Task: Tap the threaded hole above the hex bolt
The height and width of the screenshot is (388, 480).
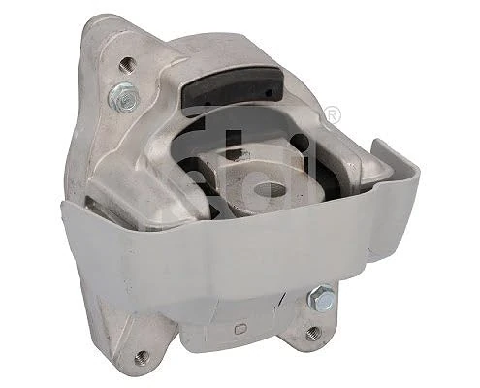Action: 125,65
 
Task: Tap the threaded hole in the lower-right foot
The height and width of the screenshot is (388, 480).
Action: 311,333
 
